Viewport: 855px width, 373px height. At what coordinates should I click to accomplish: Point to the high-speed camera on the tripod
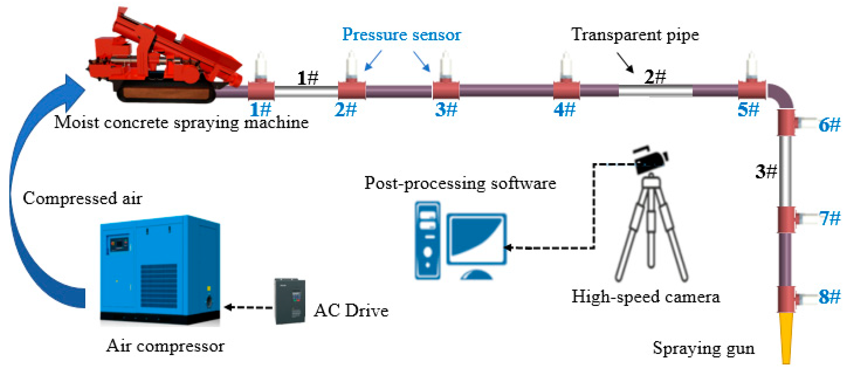point(650,161)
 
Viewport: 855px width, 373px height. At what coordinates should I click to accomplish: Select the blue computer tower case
point(428,240)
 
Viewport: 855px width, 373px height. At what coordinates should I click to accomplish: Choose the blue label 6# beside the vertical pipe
point(829,125)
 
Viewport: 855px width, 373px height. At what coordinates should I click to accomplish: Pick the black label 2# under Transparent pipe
point(655,77)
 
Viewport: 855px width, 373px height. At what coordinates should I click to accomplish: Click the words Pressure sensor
point(401,34)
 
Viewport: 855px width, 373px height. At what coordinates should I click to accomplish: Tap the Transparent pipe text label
point(635,34)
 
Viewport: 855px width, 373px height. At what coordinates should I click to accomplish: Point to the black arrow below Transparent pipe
point(625,62)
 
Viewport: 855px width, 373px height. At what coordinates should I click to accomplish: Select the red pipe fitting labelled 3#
point(446,90)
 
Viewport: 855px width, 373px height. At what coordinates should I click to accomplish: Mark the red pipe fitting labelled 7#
point(786,219)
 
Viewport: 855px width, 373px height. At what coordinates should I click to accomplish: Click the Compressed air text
point(82,199)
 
